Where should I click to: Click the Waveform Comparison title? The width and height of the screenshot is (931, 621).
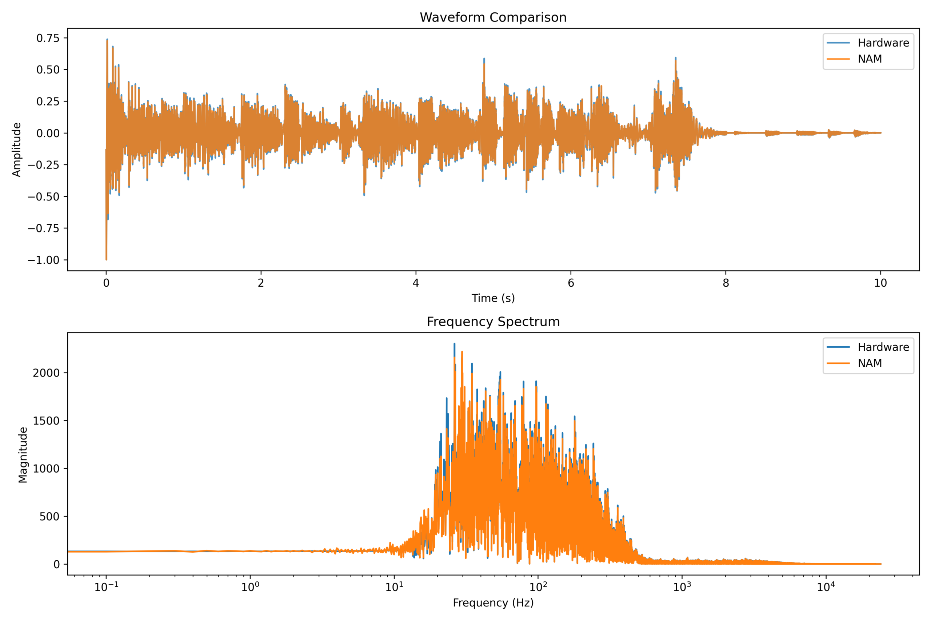(493, 17)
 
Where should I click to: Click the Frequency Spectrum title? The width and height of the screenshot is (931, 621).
(493, 322)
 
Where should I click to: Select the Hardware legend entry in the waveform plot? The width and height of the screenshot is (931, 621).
(883, 43)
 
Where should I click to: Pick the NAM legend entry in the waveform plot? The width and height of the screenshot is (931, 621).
(870, 59)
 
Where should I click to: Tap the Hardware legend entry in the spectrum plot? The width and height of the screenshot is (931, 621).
(883, 347)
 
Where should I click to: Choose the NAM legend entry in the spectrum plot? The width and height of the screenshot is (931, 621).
(870, 363)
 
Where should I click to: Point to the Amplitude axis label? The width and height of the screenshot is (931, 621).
(16, 150)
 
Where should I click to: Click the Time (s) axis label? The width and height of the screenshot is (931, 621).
(493, 298)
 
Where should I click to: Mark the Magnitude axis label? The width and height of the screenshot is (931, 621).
(23, 455)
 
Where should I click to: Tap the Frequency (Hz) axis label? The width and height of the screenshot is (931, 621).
(493, 603)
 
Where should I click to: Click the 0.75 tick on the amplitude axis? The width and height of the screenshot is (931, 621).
(48, 38)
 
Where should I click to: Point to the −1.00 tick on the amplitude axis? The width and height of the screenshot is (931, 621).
(44, 260)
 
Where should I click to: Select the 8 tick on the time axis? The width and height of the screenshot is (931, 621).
(726, 283)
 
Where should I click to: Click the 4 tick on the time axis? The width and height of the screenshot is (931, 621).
(416, 283)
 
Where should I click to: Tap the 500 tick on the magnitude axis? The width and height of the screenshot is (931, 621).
(49, 517)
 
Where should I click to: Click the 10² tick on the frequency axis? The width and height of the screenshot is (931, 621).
(538, 587)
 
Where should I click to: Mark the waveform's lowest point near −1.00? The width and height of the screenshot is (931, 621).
(106, 259)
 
